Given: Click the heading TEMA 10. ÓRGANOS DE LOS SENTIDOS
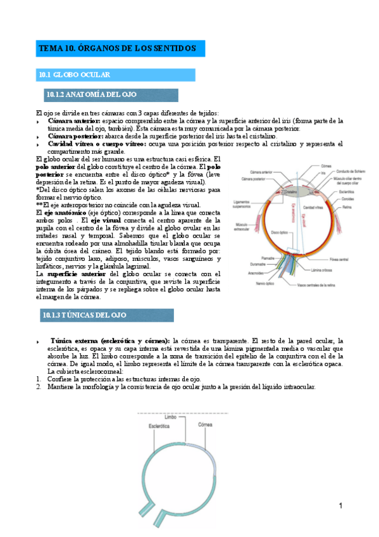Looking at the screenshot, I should pos(118,48).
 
